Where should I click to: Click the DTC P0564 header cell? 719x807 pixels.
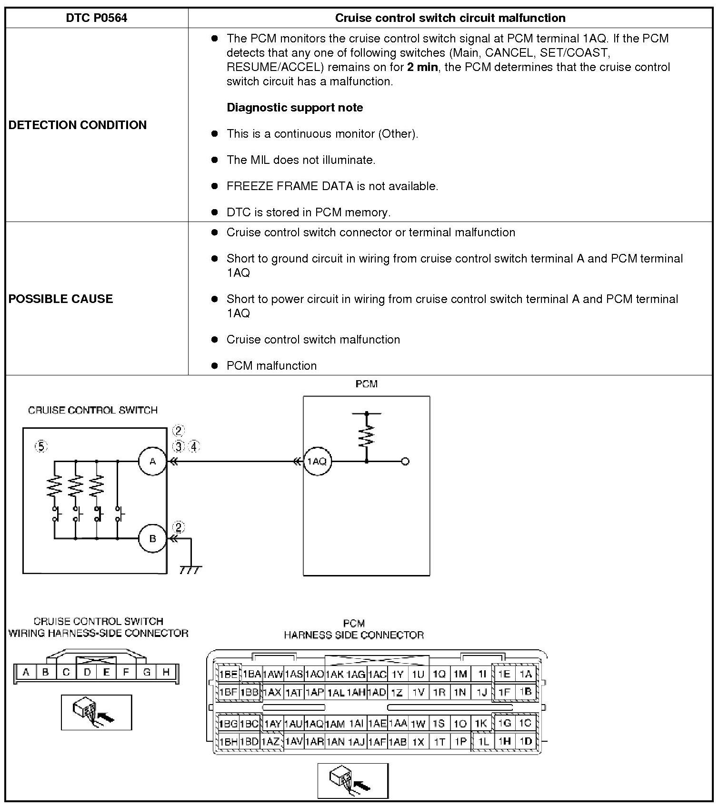pos(97,18)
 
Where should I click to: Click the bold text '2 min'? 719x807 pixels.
pos(422,67)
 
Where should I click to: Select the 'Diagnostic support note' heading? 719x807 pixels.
pos(295,108)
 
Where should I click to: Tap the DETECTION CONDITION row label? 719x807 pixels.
pos(78,125)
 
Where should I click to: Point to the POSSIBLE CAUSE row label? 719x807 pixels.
pos(61,299)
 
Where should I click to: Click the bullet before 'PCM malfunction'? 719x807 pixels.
pos(215,365)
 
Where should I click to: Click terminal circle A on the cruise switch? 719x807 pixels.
pos(152,461)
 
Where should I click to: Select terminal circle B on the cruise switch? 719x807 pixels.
pos(152,539)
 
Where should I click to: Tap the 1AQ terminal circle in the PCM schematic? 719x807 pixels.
pos(317,461)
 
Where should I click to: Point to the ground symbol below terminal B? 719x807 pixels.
pos(190,569)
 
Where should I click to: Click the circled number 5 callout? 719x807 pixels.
pos(41,446)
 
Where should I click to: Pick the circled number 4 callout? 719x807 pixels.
pos(194,446)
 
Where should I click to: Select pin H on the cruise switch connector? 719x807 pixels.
pos(166,672)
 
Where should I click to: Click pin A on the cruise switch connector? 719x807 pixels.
pos(26,672)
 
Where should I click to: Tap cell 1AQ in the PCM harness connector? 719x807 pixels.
pos(314,724)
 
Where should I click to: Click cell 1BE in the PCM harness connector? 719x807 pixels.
pos(228,674)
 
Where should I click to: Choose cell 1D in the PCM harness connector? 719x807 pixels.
pos(526,741)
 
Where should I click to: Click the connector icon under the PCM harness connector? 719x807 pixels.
pos(353,780)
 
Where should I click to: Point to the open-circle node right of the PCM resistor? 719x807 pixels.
pos(405,461)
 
